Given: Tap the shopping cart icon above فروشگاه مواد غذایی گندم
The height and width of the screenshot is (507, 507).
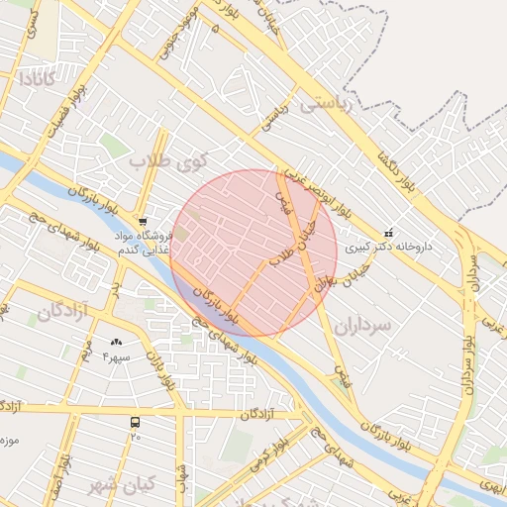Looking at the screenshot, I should click(x=144, y=222).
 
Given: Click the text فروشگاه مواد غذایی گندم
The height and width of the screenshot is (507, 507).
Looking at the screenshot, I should click(x=145, y=244).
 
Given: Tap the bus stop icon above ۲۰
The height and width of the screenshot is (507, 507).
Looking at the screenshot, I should click(x=135, y=422).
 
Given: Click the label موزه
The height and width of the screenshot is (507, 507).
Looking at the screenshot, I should click(x=10, y=437).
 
